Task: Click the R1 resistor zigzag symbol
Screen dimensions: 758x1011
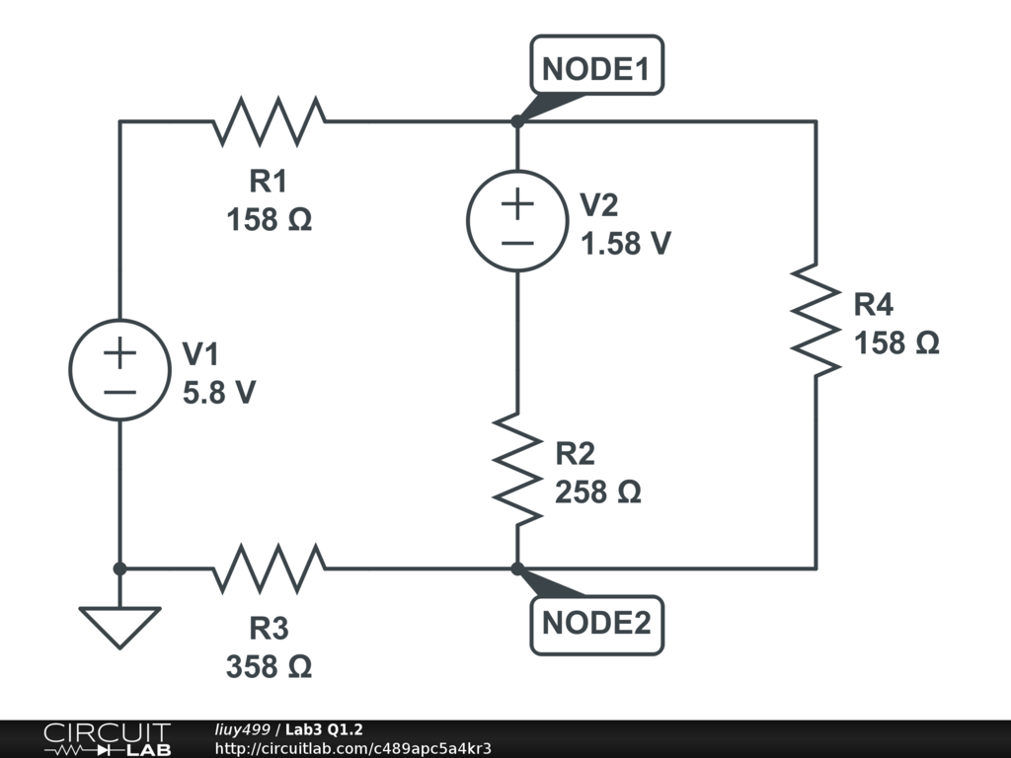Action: (x=269, y=121)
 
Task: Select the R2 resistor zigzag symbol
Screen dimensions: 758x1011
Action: (x=516, y=469)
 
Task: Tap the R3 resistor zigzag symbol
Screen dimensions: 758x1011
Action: (x=269, y=568)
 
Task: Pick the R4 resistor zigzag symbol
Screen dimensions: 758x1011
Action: (x=816, y=318)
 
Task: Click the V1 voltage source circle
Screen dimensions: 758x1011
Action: (x=118, y=371)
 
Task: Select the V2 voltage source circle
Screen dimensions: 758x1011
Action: (x=516, y=219)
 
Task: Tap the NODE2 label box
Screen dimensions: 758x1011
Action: (x=596, y=625)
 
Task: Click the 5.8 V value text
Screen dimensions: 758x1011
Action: (x=219, y=393)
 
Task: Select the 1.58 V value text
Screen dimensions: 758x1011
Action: (x=626, y=243)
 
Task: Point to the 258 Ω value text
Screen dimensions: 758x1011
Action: (x=598, y=492)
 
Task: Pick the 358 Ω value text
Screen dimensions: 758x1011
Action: (x=269, y=667)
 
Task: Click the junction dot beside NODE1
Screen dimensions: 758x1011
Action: (x=516, y=121)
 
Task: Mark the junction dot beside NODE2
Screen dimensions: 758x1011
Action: (x=516, y=568)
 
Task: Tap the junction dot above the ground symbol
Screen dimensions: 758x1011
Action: (x=118, y=568)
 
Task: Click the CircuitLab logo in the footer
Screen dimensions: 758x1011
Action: (x=107, y=739)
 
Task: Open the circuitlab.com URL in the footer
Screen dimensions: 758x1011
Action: (x=352, y=748)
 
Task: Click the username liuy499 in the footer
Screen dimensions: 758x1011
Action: (x=243, y=729)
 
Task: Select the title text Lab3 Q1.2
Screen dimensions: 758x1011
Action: (x=324, y=729)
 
